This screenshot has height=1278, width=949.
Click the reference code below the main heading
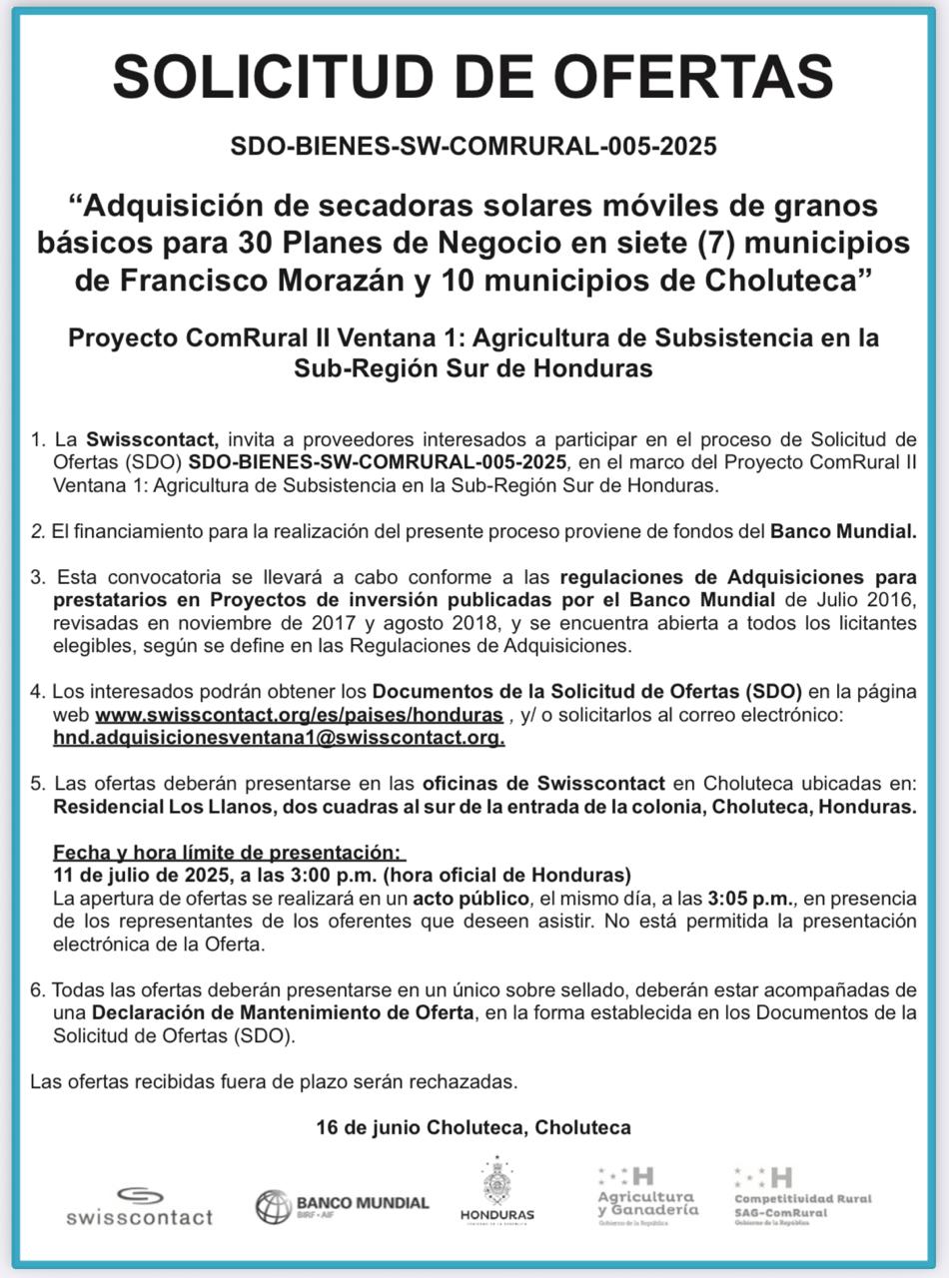[474, 147]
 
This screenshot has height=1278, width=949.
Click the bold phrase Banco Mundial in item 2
[842, 532]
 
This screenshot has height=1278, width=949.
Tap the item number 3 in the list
[37, 578]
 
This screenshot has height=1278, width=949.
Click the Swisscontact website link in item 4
[299, 716]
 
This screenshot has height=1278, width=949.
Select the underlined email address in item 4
[279, 739]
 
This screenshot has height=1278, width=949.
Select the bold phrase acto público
[438, 898]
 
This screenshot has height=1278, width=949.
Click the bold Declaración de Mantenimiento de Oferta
[283, 1012]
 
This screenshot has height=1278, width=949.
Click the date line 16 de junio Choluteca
[474, 1128]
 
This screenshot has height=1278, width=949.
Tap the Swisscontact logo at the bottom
[140, 1206]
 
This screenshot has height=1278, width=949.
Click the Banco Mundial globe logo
[273, 1206]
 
